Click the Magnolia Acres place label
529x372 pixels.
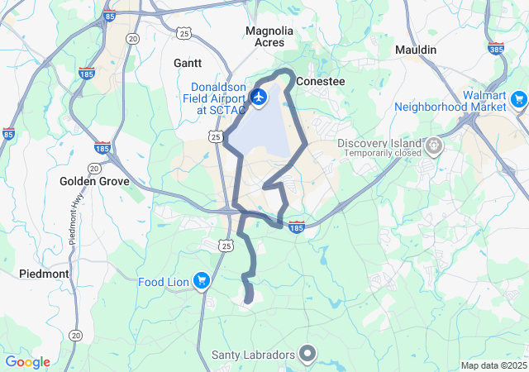click(x=269, y=36)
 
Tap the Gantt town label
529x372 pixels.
click(x=188, y=63)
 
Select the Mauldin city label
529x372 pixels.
click(x=415, y=50)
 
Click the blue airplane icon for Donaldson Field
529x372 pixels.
click(x=259, y=98)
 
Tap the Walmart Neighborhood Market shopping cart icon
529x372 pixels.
click(x=519, y=101)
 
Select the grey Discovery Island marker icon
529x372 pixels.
click(x=434, y=147)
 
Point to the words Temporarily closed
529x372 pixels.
click(x=379, y=154)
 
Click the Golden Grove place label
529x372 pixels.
click(x=91, y=181)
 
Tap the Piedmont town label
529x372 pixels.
click(x=44, y=274)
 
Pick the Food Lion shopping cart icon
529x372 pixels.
click(x=201, y=282)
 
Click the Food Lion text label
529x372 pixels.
click(x=164, y=282)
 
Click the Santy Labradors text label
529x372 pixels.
click(x=253, y=355)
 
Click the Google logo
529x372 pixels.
click(x=27, y=362)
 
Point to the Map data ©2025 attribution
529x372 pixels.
click(x=493, y=365)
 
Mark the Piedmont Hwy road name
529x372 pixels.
click(x=74, y=223)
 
